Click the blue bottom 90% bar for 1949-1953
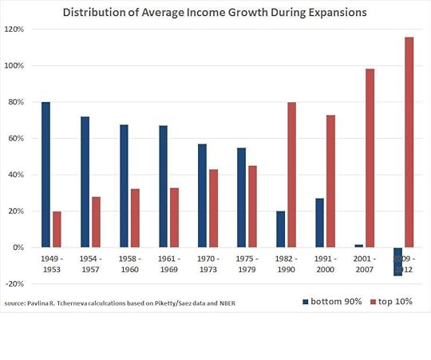pyautogui.click(x=45, y=175)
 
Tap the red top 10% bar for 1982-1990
pyautogui.click(x=291, y=175)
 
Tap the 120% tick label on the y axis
pyautogui.click(x=14, y=30)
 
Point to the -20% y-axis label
pyautogui.click(x=14, y=284)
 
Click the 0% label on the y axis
pyautogui.click(x=18, y=247)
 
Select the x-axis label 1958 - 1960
pyautogui.click(x=130, y=264)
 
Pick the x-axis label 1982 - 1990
pyautogui.click(x=286, y=264)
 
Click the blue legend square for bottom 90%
pyautogui.click(x=306, y=302)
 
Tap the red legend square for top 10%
pyautogui.click(x=371, y=302)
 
